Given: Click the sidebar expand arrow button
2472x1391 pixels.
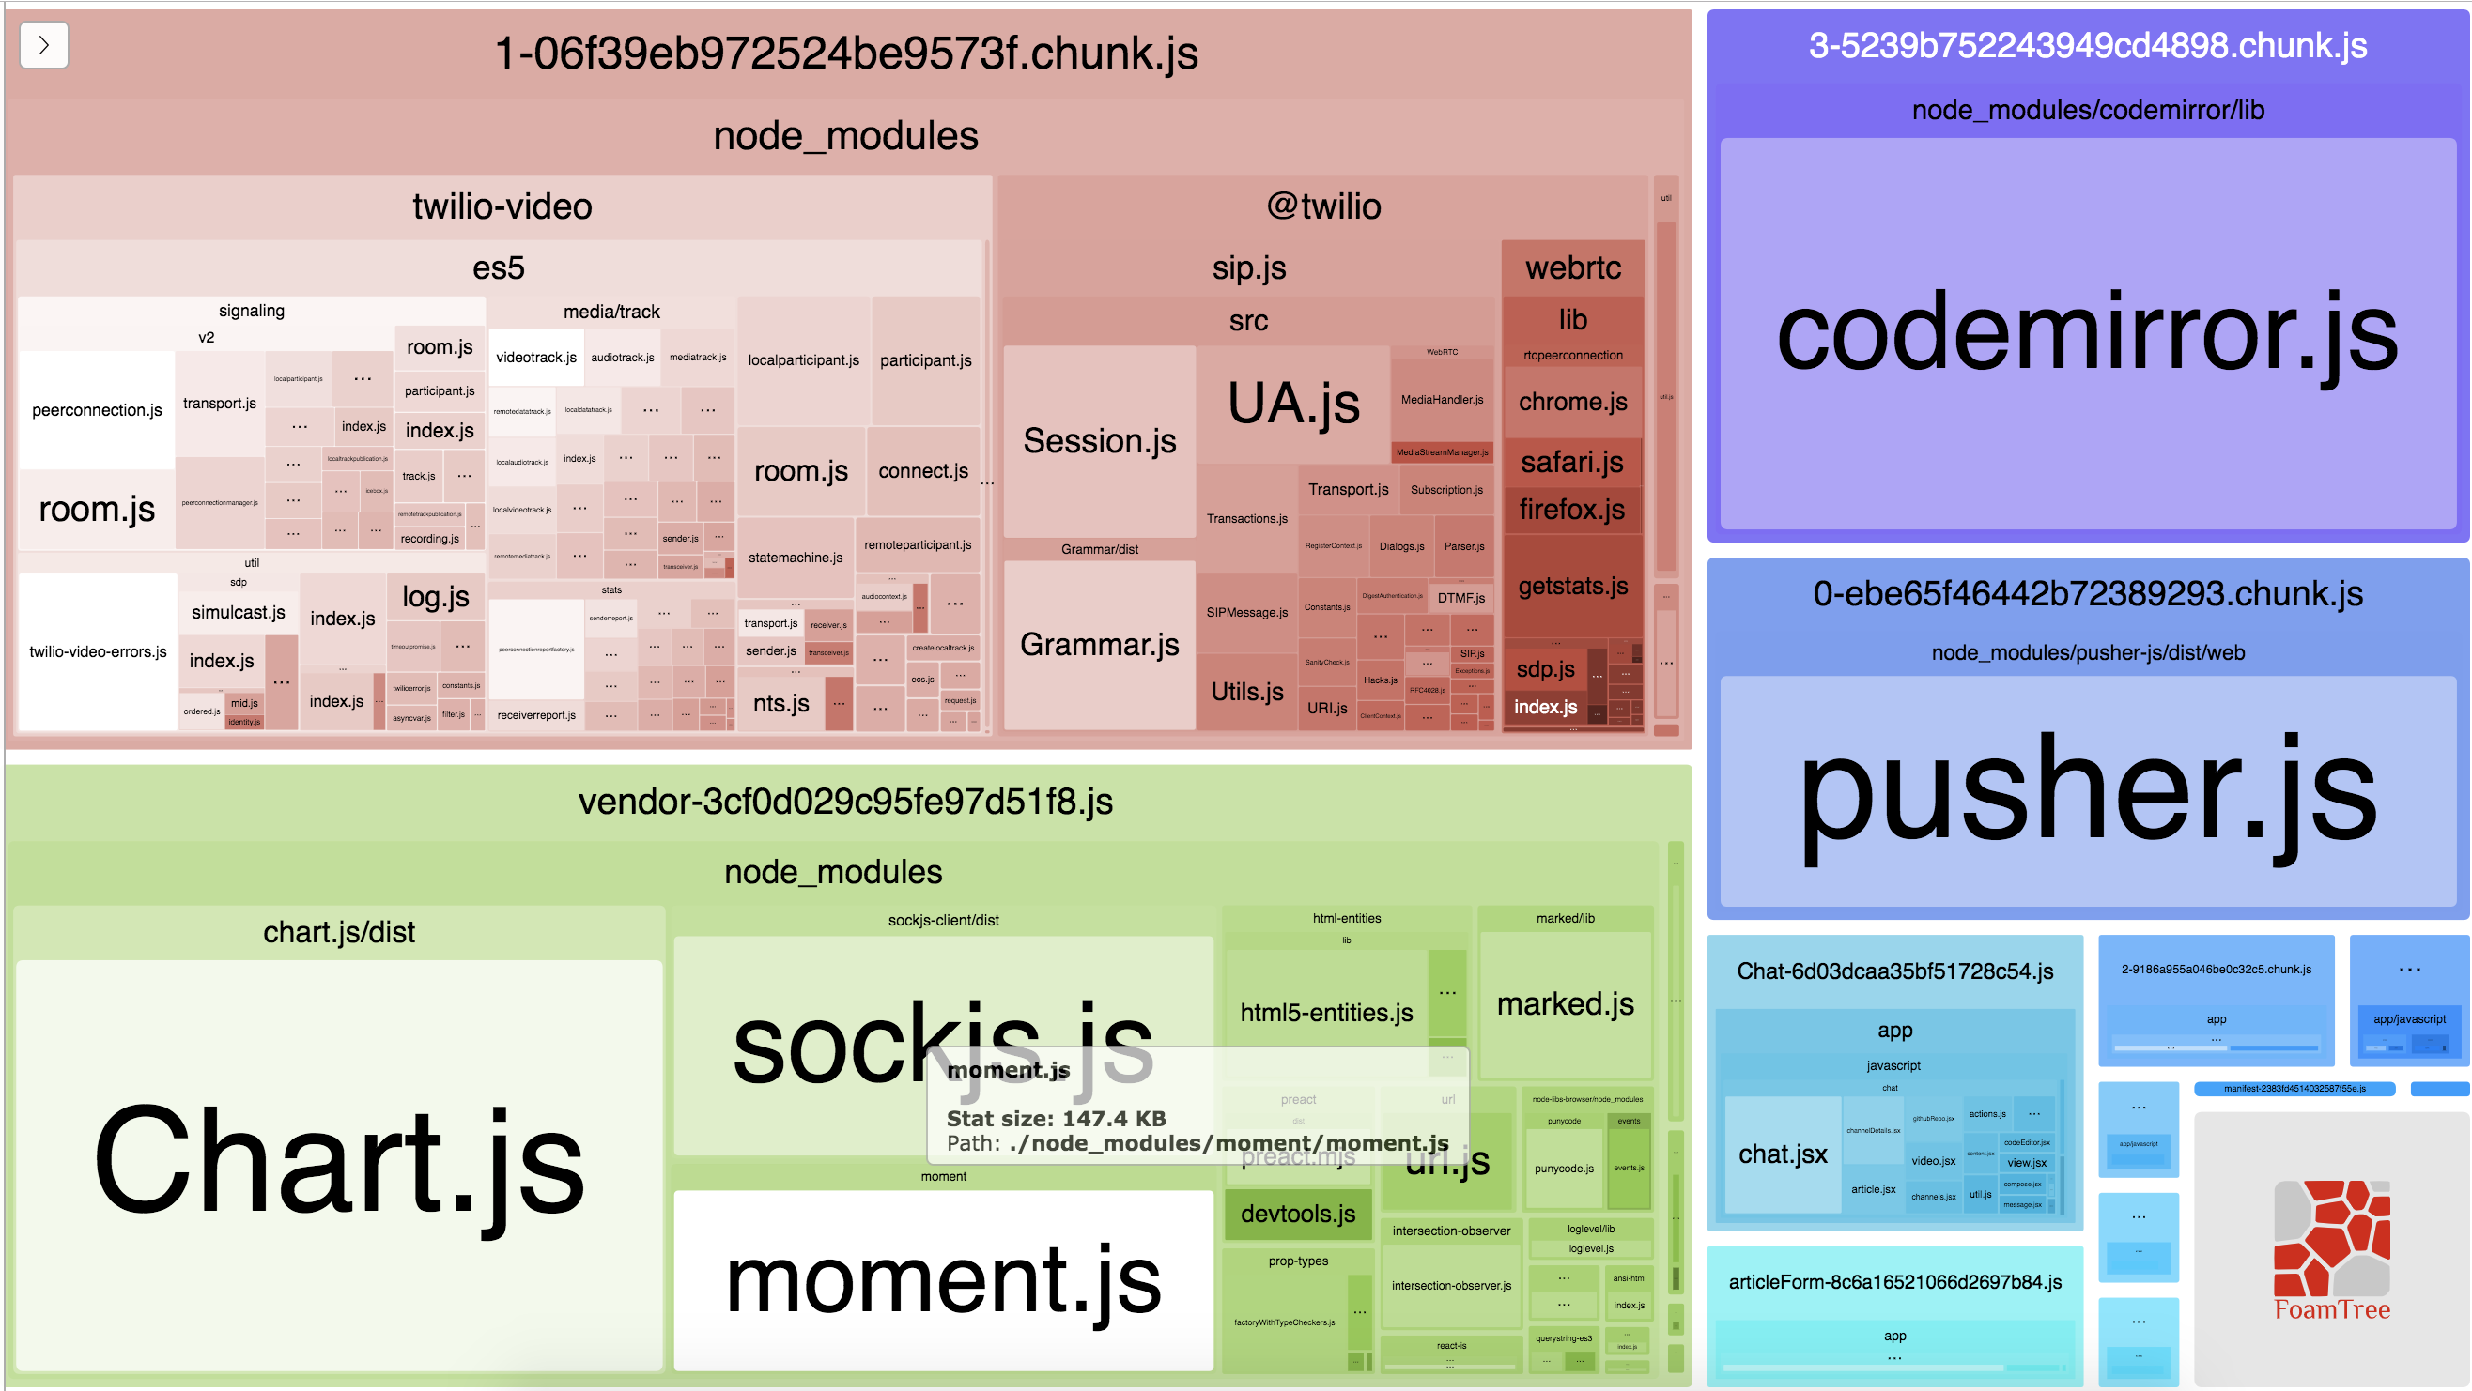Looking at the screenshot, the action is (x=43, y=45).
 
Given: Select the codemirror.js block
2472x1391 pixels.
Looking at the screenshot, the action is (x=2086, y=333).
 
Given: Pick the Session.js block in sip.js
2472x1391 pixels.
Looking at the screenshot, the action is (x=1099, y=441).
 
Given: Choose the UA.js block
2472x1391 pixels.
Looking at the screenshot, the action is (x=1292, y=403).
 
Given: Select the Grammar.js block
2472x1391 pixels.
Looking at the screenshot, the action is (x=1099, y=645).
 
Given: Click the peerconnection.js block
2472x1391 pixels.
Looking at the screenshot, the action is (x=97, y=410).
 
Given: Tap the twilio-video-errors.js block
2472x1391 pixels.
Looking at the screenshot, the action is (x=98, y=651).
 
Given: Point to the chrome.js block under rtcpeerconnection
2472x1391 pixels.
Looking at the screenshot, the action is (x=1572, y=402).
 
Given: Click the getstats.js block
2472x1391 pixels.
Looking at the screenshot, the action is (x=1572, y=586).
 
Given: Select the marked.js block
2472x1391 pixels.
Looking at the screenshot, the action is (x=1564, y=1004).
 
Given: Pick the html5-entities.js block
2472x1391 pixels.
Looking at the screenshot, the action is (x=1325, y=1012).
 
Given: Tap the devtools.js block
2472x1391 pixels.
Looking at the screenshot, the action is (x=1297, y=1214).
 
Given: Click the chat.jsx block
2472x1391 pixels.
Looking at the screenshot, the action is (x=1782, y=1154).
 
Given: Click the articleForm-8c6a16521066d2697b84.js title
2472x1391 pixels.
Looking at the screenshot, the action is (x=1894, y=1283).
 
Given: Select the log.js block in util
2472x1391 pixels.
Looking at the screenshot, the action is (x=436, y=597).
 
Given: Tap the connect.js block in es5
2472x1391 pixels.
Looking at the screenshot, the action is (x=923, y=471).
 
